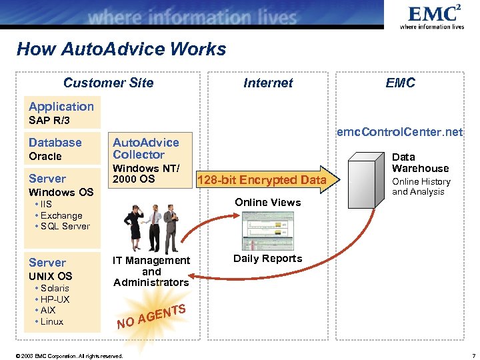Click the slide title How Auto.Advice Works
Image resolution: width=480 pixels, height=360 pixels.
[x=121, y=49]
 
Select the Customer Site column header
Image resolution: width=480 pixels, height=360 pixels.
[x=108, y=83]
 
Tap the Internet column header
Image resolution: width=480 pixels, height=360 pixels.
[x=268, y=83]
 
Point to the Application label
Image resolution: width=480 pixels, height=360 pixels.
[x=61, y=107]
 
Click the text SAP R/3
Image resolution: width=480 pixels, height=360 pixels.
[x=49, y=121]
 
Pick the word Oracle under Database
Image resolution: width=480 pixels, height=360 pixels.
[x=45, y=157]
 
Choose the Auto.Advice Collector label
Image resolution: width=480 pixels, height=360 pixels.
[x=146, y=148]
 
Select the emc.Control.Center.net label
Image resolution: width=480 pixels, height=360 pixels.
[x=399, y=132]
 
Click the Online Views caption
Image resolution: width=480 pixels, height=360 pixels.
[x=268, y=202]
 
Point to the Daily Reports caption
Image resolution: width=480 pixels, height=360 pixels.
[x=268, y=259]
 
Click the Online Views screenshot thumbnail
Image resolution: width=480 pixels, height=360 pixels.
[x=267, y=230]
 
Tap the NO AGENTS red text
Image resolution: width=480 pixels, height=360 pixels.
[x=150, y=317]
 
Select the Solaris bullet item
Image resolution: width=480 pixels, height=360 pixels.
[x=54, y=288]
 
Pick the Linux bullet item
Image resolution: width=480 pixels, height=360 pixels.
[x=51, y=321]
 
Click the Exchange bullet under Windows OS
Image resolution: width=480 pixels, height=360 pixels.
[x=61, y=215]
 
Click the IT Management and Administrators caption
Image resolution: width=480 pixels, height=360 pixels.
[x=151, y=271]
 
